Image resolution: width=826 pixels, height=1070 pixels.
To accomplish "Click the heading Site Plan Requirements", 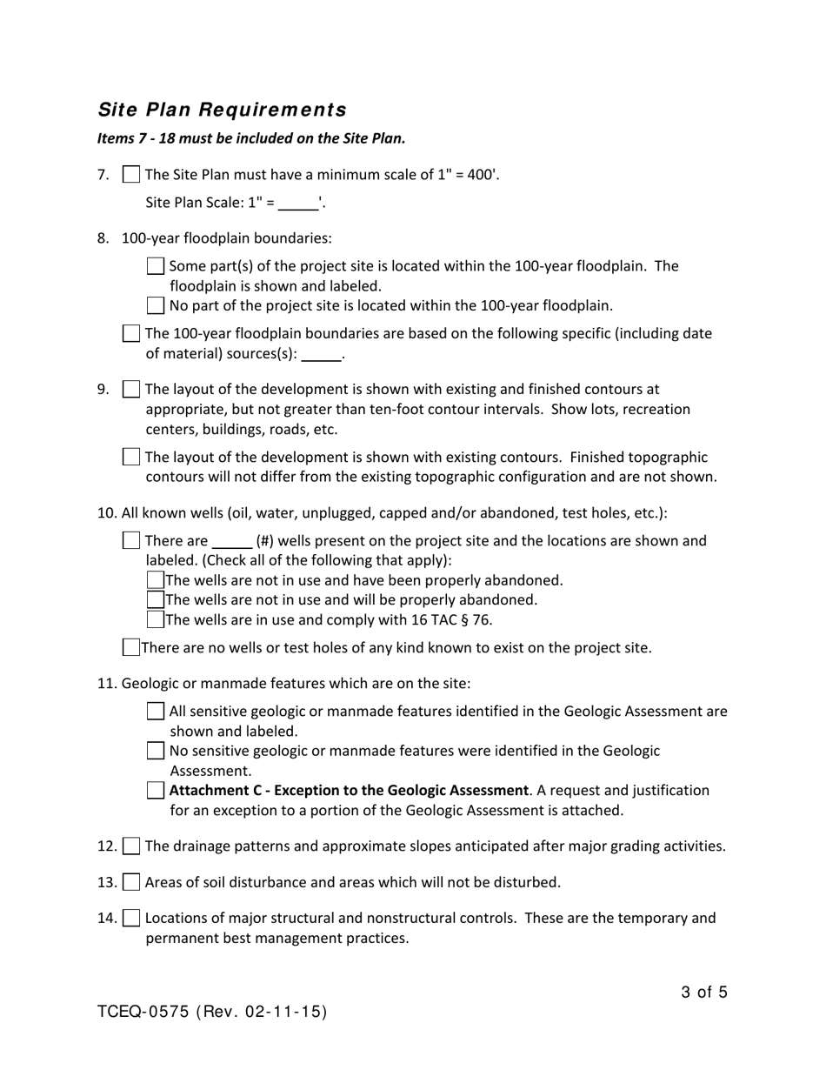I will pyautogui.click(x=222, y=110).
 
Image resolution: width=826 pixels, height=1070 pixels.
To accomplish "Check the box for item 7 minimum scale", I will pyautogui.click(x=130, y=175).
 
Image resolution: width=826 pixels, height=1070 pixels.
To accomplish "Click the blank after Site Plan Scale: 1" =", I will pyautogui.click(x=298, y=204).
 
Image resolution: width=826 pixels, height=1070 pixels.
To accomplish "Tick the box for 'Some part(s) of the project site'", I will pyautogui.click(x=156, y=266).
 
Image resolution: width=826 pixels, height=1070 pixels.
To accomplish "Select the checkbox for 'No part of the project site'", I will pyautogui.click(x=156, y=305).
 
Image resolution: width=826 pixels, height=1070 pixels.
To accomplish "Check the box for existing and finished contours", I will pyautogui.click(x=130, y=390).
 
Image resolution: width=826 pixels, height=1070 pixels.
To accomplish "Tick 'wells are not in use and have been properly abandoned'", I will pyautogui.click(x=156, y=580).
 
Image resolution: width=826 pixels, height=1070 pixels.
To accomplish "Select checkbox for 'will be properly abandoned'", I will pyautogui.click(x=156, y=599).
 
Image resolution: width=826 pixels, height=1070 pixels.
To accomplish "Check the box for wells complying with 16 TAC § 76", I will pyautogui.click(x=156, y=619).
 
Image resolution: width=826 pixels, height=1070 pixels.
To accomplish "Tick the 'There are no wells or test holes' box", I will pyautogui.click(x=130, y=647).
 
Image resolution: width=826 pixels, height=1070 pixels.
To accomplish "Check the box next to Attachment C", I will pyautogui.click(x=156, y=791).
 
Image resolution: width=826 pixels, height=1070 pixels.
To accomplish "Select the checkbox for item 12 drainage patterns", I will pyautogui.click(x=130, y=846).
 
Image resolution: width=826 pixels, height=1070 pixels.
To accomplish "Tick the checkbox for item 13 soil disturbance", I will pyautogui.click(x=130, y=882).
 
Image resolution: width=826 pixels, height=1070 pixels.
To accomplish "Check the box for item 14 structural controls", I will pyautogui.click(x=130, y=918).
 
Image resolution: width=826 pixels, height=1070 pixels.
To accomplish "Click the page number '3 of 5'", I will pyautogui.click(x=704, y=992).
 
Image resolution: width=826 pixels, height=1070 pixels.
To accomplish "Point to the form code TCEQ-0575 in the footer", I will pyautogui.click(x=144, y=1012).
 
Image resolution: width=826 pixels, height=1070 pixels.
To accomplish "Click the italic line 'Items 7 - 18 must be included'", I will pyautogui.click(x=251, y=138).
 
